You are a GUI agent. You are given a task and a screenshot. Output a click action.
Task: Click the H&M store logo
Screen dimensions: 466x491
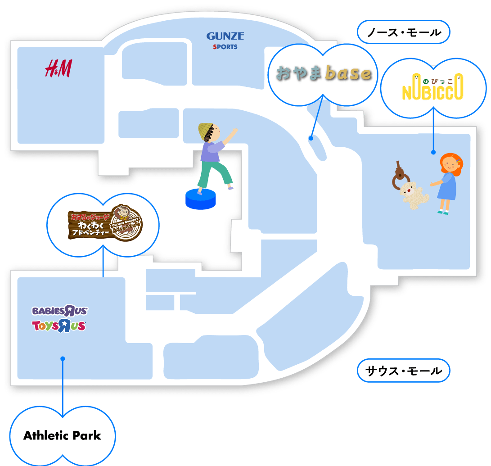[58, 68]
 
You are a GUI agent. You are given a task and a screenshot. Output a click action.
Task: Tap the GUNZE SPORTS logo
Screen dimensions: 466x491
[225, 40]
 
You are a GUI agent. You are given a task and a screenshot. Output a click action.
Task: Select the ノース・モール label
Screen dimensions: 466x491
[403, 32]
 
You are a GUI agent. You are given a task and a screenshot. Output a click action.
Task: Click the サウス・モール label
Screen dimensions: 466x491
[403, 371]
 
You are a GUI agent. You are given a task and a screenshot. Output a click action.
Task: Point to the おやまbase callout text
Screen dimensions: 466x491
[324, 73]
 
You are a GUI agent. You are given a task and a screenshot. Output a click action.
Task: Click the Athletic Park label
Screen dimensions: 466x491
[62, 435]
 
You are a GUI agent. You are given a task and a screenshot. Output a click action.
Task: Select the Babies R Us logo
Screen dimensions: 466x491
[59, 311]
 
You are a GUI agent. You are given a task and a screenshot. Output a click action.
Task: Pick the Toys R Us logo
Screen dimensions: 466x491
[59, 326]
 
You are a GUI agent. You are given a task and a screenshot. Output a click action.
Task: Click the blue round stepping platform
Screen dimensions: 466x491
[201, 199]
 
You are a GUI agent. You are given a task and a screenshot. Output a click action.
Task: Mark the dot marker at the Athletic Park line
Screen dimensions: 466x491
[63, 358]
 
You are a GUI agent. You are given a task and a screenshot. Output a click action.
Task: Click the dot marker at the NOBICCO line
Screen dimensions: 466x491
[433, 152]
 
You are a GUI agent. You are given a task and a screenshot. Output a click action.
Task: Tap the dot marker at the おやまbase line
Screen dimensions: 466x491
[311, 138]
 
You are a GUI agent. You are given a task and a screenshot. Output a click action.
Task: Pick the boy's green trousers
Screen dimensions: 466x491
[213, 173]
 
